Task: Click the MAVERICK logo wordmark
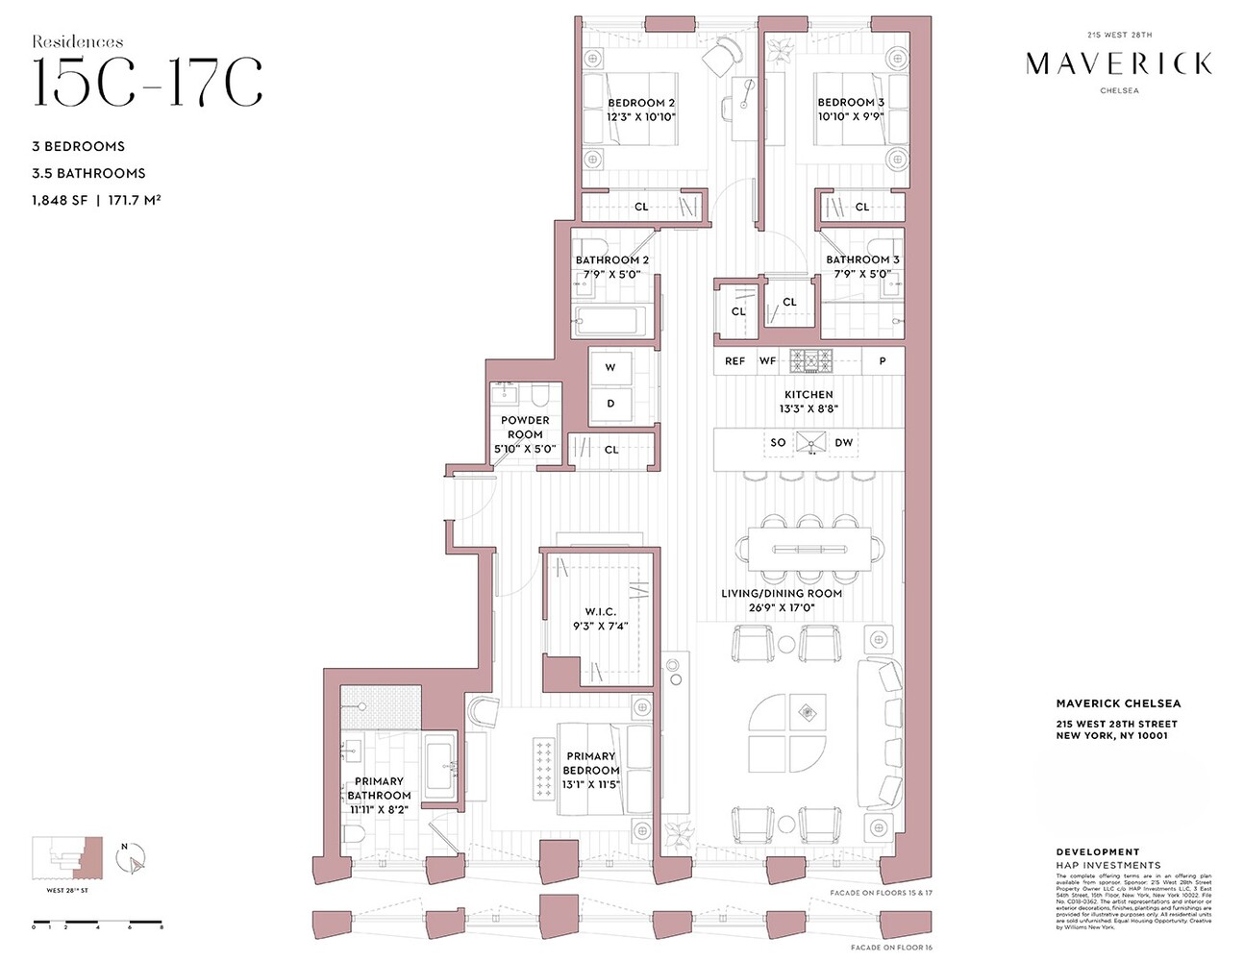pos(1118,64)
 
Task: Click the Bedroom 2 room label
pos(640,103)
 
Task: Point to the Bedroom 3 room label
pos(850,102)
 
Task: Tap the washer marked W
pos(610,368)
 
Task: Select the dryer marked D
pos(610,404)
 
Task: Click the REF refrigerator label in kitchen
pos(734,361)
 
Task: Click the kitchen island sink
pos(811,443)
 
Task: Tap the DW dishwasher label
pos(843,443)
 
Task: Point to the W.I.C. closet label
pos(600,612)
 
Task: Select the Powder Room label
pos(525,427)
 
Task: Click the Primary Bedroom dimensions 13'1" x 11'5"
pos(590,784)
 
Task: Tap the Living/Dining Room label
pos(782,593)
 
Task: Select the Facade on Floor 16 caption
pos(891,948)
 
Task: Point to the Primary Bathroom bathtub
pos(439,766)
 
